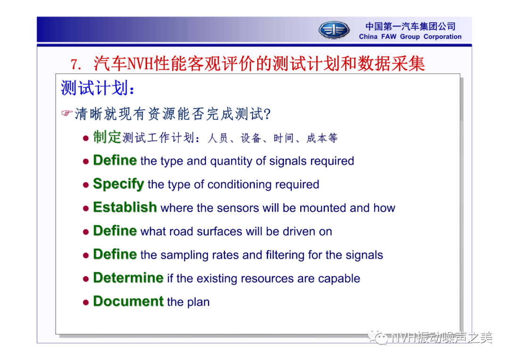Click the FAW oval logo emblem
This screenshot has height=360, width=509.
click(x=334, y=30)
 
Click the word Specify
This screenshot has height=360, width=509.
click(x=118, y=184)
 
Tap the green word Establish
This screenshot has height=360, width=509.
click(x=125, y=207)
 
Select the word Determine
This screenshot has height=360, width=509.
click(x=128, y=278)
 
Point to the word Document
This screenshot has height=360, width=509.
click(x=128, y=301)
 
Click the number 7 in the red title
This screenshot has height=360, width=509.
click(x=75, y=64)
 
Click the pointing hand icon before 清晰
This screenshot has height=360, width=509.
click(x=67, y=113)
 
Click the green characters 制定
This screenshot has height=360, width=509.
click(x=107, y=137)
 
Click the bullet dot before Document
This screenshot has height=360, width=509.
click(x=86, y=303)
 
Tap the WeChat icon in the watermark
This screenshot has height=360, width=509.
click(x=378, y=337)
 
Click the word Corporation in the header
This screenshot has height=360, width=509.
click(x=443, y=37)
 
